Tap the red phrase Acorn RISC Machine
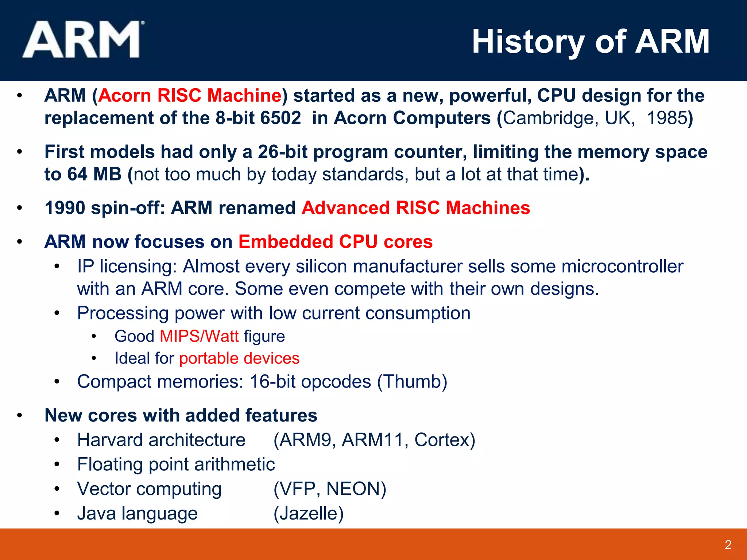[x=190, y=96]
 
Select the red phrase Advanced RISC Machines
[x=416, y=208]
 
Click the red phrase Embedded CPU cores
[x=336, y=242]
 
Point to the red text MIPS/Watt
[x=199, y=336]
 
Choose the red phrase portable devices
[x=239, y=358]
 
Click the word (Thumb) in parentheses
[x=412, y=382]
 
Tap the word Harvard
[x=110, y=440]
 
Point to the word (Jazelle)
[x=309, y=513]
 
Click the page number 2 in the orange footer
[x=728, y=545]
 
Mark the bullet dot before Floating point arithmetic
[x=57, y=464]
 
